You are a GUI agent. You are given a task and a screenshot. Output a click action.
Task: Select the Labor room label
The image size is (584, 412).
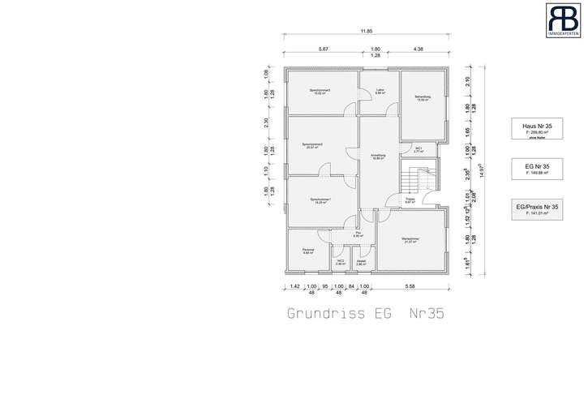pos(380,92)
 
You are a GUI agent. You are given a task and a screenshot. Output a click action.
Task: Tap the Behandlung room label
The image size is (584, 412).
pos(423,98)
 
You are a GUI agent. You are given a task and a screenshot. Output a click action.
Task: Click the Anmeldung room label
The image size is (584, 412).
pos(378,156)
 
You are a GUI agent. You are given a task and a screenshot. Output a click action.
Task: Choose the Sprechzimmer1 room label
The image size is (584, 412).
pos(319,200)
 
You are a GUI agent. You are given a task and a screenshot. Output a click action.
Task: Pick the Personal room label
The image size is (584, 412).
pos(307,251)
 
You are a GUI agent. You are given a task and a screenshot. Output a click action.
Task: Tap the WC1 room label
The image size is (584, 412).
pos(419,150)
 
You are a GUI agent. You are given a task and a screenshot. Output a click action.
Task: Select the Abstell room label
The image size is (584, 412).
pos(361,262)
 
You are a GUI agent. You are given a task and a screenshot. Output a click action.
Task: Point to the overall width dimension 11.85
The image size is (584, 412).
pos(367,31)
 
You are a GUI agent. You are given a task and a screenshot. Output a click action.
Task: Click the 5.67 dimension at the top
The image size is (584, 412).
pos(324,49)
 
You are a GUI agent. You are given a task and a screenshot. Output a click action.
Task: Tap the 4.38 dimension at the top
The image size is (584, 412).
pos(419,49)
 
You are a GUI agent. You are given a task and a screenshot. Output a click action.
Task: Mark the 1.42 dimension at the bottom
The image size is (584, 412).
pos(294,287)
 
